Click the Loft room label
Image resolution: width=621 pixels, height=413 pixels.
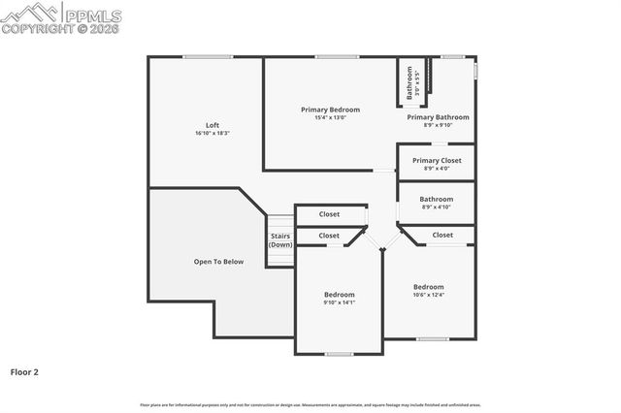[212, 124]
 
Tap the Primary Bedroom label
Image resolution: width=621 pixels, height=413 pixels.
[330, 110]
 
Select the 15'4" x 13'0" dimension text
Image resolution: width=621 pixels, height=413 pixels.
[330, 118]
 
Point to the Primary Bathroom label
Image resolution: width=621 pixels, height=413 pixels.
[438, 116]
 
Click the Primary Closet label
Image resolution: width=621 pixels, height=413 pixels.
[437, 160]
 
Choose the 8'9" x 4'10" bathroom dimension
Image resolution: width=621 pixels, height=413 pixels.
[437, 206]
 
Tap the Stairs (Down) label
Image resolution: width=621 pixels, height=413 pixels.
[280, 239]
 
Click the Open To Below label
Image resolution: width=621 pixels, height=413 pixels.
[218, 262]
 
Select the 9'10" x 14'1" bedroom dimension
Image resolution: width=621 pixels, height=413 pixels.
[340, 302]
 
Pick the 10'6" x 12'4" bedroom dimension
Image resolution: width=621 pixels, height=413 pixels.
[428, 295]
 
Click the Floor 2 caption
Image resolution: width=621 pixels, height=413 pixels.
[24, 371]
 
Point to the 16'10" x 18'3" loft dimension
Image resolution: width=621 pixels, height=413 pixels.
[212, 133]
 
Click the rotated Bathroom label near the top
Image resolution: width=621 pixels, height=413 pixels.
[410, 82]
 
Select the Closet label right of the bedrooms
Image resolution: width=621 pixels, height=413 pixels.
[442, 235]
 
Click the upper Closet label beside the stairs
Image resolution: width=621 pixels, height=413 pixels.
[329, 214]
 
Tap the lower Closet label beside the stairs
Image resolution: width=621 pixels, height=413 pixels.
[329, 236]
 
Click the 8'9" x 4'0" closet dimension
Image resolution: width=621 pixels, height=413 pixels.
[437, 169]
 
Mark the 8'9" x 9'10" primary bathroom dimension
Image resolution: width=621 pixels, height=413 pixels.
[438, 125]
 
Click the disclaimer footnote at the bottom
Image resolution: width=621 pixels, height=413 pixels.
[310, 404]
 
